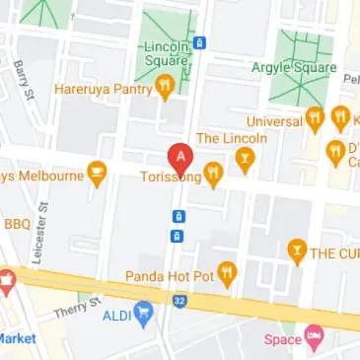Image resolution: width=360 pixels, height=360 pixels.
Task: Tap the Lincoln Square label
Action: (x=166, y=54)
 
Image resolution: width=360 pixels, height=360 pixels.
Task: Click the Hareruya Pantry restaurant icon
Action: (x=166, y=89)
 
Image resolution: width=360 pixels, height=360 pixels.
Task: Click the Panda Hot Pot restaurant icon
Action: (x=229, y=275)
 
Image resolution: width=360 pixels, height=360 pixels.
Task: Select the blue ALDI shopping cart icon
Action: (x=144, y=316)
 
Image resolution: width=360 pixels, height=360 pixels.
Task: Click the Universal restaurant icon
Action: (x=316, y=119)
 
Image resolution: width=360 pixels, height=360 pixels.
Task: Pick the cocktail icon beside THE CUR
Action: (x=294, y=252)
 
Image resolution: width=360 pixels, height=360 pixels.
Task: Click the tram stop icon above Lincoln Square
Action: (x=199, y=42)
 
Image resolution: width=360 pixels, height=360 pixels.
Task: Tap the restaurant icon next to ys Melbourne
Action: (x=97, y=177)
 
